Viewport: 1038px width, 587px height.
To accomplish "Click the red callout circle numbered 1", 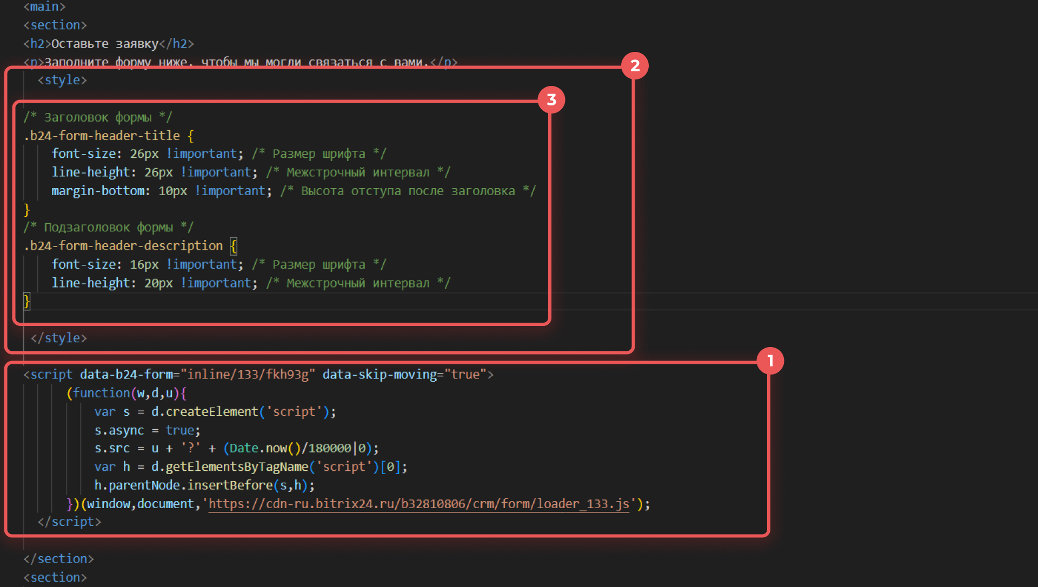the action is click(770, 361).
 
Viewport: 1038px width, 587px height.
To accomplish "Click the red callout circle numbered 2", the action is click(635, 66).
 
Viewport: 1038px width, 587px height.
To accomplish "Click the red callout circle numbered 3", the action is click(551, 100).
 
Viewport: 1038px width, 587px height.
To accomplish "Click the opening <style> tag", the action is click(62, 80).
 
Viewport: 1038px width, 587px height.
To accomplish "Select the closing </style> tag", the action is click(59, 338).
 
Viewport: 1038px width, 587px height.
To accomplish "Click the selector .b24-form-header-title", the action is click(102, 136).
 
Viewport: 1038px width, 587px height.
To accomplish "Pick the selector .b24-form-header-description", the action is click(123, 246).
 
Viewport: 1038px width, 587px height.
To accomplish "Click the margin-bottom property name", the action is click(98, 191).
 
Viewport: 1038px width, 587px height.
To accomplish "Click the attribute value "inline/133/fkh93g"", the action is click(248, 375).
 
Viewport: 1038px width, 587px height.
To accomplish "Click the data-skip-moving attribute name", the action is click(380, 375).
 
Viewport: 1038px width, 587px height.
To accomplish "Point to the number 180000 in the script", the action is click(330, 448).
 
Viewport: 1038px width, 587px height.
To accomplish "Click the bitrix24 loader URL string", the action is click(419, 504).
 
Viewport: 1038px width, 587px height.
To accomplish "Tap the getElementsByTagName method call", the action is click(237, 466).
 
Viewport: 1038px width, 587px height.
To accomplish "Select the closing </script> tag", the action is click(69, 522).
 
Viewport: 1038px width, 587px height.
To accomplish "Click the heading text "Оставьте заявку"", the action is click(105, 44).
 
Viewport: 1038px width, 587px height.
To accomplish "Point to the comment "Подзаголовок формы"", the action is click(108, 228).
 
